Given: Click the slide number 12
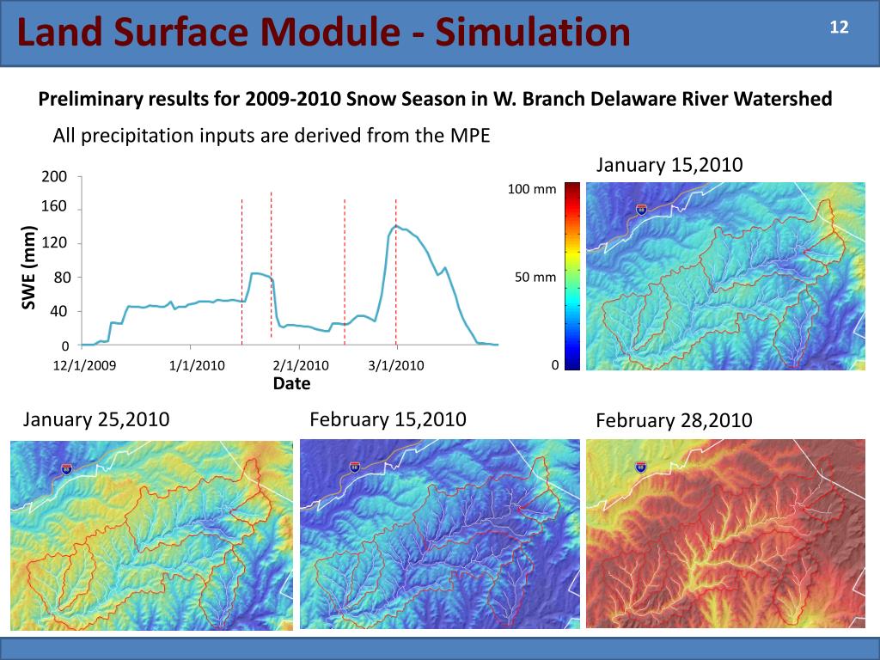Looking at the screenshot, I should [839, 27].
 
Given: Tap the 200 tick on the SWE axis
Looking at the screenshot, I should [54, 176].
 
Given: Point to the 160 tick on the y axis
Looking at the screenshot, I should [54, 209].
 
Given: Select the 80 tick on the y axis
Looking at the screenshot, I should [59, 278].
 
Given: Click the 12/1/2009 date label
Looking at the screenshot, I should [84, 365].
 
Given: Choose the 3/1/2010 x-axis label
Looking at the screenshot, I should [396, 365].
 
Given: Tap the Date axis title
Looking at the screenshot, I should [291, 383].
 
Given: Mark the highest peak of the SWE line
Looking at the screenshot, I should [395, 226].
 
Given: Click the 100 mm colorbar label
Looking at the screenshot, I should [532, 188].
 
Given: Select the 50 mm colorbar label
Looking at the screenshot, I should [535, 278].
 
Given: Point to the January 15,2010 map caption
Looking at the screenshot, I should [669, 165].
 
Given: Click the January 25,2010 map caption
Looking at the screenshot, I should [95, 419].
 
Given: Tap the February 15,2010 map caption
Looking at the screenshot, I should [388, 419].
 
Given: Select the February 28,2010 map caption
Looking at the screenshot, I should [673, 420].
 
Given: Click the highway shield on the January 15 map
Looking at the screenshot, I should [642, 210].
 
